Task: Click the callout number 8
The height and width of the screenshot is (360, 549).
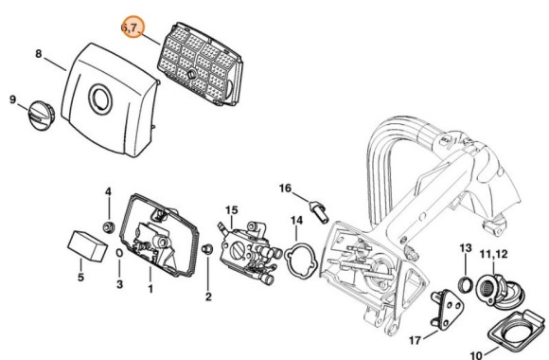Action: (38, 54)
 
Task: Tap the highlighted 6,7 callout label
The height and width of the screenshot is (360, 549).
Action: (133, 27)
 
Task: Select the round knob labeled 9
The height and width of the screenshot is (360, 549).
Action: (42, 116)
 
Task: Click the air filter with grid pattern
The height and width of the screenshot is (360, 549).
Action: (200, 64)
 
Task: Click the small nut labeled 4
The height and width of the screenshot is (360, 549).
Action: (109, 226)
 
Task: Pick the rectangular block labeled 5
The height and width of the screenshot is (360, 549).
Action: (87, 245)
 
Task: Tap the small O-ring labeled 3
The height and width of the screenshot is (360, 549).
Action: (119, 253)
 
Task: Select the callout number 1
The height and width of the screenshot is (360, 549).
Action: (151, 289)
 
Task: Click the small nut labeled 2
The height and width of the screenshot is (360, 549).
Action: (207, 249)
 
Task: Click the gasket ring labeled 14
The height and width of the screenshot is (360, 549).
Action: (300, 262)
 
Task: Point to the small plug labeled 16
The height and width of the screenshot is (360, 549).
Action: (318, 210)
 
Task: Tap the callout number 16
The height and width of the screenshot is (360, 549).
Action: (285, 189)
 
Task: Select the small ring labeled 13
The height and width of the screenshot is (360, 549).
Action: (466, 283)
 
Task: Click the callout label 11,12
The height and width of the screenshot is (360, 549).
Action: (493, 254)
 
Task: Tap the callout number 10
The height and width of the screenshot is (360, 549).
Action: (476, 354)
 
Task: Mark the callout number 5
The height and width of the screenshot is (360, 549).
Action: (80, 278)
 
